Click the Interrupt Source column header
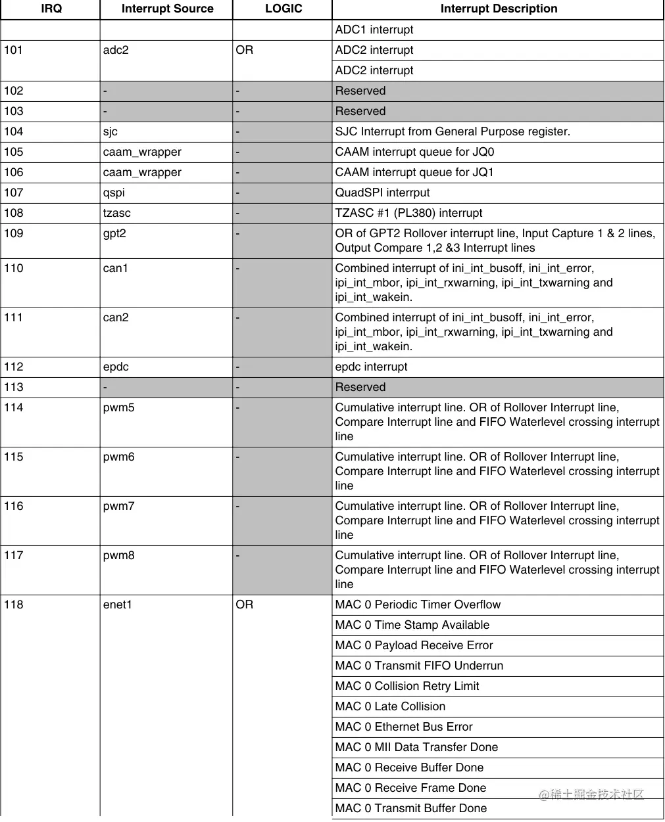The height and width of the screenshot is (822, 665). [167, 9]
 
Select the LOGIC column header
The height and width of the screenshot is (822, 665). [283, 9]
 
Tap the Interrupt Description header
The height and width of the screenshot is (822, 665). [499, 9]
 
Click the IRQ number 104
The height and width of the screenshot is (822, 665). [14, 131]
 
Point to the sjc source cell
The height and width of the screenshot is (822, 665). [111, 131]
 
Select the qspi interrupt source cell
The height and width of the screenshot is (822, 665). [114, 193]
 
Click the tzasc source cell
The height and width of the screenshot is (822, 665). [117, 213]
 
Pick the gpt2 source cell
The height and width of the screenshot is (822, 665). [114, 233]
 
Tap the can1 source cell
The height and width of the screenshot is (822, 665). [116, 268]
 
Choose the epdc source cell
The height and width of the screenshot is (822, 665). [116, 367]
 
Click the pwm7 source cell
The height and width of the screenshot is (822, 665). [119, 506]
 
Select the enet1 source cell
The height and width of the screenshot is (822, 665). [118, 605]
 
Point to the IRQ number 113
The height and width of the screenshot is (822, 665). [14, 387]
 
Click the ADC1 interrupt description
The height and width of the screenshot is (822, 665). [374, 30]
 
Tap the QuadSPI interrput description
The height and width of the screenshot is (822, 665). [382, 193]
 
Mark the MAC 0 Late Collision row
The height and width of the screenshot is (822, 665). [390, 706]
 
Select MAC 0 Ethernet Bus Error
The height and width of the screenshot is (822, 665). [404, 727]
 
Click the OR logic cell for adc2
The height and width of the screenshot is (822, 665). [245, 50]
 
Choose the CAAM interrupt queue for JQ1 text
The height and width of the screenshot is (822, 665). [414, 172]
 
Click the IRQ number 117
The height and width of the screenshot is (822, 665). [14, 555]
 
